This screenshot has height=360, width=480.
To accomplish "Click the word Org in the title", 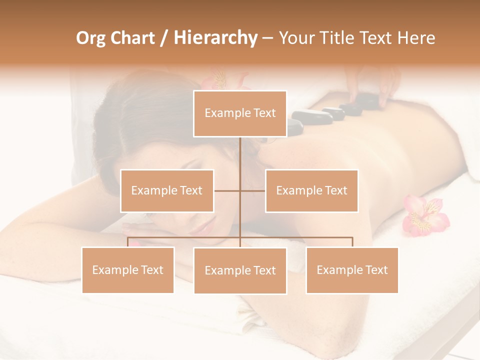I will pyautogui.click(x=90, y=38).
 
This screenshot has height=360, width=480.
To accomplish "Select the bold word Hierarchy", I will pyautogui.click(x=215, y=38).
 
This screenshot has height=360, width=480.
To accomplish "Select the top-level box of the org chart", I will pyautogui.click(x=240, y=113).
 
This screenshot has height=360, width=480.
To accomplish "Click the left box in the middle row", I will pyautogui.click(x=167, y=190).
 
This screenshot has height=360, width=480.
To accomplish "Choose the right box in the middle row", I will pyautogui.click(x=311, y=190).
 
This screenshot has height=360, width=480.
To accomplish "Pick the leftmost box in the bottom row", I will pyautogui.click(x=128, y=270).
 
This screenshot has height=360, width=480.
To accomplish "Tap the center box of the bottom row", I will pyautogui.click(x=240, y=270).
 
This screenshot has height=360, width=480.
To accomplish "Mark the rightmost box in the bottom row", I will pyautogui.click(x=352, y=270).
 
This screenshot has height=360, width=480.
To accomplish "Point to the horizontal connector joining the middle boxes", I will pyautogui.click(x=228, y=190).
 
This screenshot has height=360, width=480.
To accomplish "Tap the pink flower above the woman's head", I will pyautogui.click(x=222, y=80).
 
